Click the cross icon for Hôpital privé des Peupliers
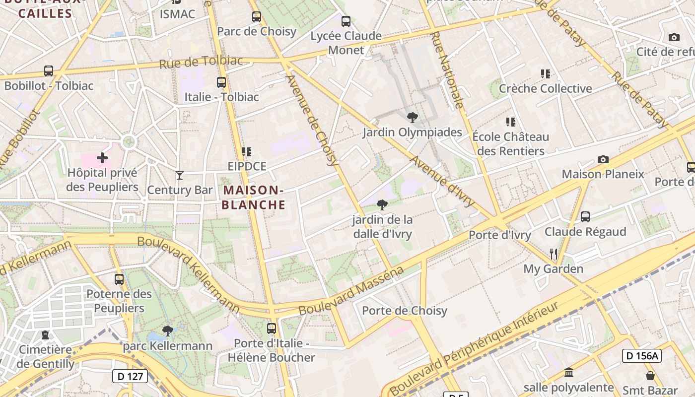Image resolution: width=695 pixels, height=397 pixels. click(102, 158)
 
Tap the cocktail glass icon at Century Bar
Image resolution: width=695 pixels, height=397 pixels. click(180, 175)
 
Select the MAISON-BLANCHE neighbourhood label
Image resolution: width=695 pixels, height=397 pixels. click(253, 197)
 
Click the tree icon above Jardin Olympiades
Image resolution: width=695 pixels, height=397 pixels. click(412, 118)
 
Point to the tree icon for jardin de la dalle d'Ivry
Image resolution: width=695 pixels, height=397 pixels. click(382, 204)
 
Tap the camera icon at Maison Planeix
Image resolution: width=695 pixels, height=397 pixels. click(603, 159)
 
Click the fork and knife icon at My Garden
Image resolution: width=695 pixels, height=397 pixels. click(554, 254)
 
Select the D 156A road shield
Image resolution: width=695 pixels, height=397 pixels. click(641, 355)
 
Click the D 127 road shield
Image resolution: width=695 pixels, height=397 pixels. click(131, 377)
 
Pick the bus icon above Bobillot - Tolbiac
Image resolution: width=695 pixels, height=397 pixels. click(49, 71)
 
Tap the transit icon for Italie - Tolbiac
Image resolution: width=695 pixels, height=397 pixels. click(221, 82)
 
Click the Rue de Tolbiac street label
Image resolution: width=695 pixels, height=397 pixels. click(201, 62)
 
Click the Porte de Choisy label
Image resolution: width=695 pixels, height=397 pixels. click(405, 311)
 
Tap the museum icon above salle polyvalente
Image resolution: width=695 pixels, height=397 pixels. click(568, 372)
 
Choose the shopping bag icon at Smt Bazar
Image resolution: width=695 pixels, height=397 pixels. click(650, 376)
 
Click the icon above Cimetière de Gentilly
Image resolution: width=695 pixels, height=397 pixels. click(46, 335)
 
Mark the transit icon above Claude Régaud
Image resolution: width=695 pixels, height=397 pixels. click(585, 217)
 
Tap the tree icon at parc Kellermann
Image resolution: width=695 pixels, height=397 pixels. click(168, 331)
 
